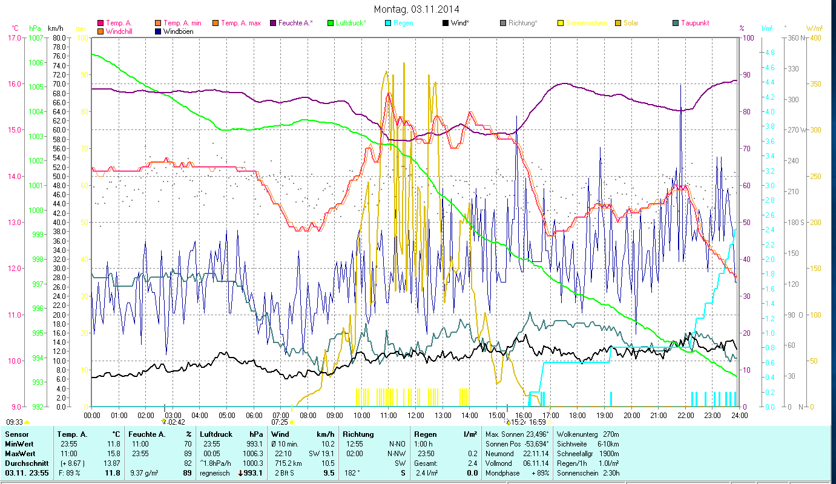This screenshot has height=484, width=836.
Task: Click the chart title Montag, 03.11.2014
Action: click(x=416, y=9)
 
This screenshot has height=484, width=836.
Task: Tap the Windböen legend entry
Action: click(x=178, y=31)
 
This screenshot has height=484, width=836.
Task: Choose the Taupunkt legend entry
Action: click(x=694, y=23)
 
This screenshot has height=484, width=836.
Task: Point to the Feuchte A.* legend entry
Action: click(x=295, y=23)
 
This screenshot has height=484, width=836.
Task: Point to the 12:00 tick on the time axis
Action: click(x=416, y=416)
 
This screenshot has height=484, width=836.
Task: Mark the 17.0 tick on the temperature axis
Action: click(x=13, y=38)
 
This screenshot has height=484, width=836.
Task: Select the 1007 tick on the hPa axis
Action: click(x=36, y=38)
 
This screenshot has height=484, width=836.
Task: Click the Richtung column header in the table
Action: click(x=359, y=434)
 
